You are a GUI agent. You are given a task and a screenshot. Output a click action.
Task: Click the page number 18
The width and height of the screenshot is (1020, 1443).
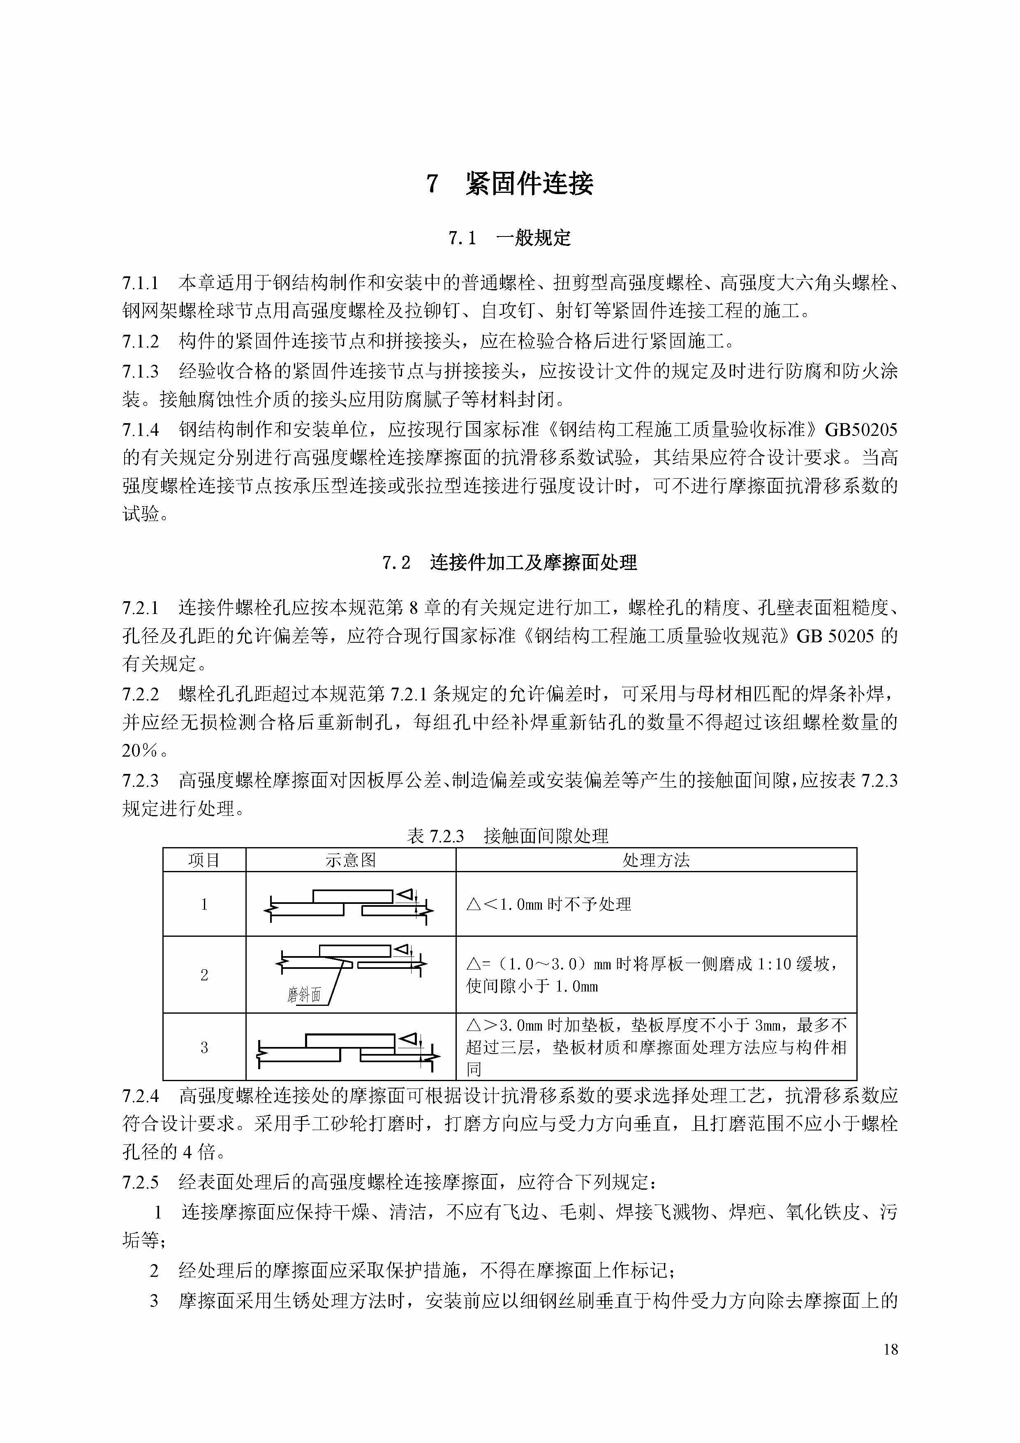(890, 1349)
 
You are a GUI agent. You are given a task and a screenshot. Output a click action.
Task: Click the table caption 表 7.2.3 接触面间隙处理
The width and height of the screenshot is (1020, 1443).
(508, 836)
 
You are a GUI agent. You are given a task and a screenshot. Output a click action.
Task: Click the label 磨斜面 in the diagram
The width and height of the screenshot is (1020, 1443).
(304, 995)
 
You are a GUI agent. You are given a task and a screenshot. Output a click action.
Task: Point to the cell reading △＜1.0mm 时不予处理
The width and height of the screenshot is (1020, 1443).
(549, 904)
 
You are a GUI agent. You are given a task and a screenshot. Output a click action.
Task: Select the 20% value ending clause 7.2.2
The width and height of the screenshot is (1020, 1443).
(139, 750)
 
